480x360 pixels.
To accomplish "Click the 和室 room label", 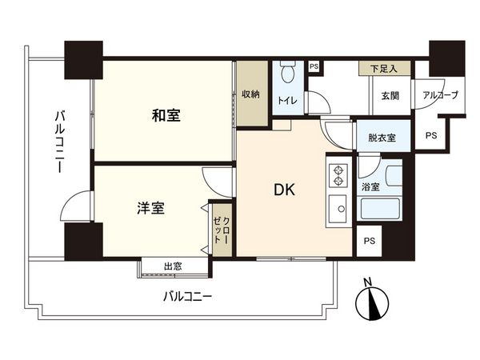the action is pyautogui.click(x=166, y=115).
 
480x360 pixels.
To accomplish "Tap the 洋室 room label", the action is pyautogui.click(x=150, y=208).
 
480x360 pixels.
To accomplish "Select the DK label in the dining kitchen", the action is pyautogui.click(x=284, y=190).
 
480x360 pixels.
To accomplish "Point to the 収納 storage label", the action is pyautogui.click(x=251, y=94).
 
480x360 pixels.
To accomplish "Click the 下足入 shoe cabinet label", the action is pyautogui.click(x=384, y=69).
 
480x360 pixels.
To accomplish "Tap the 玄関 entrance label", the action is pyautogui.click(x=390, y=96).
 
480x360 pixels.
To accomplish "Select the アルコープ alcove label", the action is pyautogui.click(x=441, y=95).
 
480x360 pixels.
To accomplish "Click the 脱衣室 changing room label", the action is pyautogui.click(x=382, y=138).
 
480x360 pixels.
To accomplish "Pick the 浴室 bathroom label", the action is pyautogui.click(x=370, y=186).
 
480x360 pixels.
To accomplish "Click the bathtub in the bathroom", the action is pyautogui.click(x=380, y=209).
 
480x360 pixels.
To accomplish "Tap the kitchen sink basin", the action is pyautogui.click(x=338, y=209).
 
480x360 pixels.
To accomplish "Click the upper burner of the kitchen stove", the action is pyautogui.click(x=338, y=170).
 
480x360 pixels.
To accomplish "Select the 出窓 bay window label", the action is pyautogui.click(x=173, y=266).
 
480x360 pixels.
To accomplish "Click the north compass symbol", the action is pyautogui.click(x=372, y=304).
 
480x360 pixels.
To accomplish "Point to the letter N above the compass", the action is pyautogui.click(x=367, y=282).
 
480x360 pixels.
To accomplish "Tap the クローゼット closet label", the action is pyautogui.click(x=222, y=230).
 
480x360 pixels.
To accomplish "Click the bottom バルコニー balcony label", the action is pyautogui.click(x=187, y=296).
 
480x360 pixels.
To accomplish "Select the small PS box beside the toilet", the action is pyautogui.click(x=314, y=66).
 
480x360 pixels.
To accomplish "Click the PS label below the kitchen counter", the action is pyautogui.click(x=370, y=241).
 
